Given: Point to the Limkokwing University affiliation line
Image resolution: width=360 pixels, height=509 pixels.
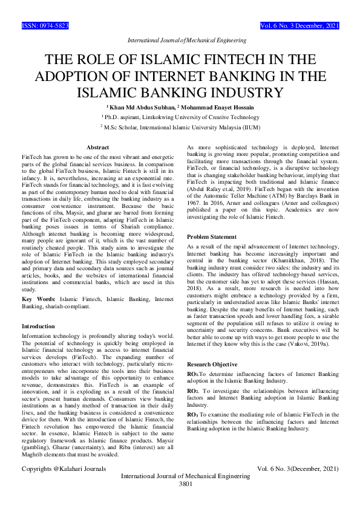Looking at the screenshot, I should (181, 117).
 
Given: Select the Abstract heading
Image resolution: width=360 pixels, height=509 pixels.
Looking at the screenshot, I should (97, 148).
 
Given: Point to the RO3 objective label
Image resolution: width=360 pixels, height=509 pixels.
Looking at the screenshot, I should (194, 414).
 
